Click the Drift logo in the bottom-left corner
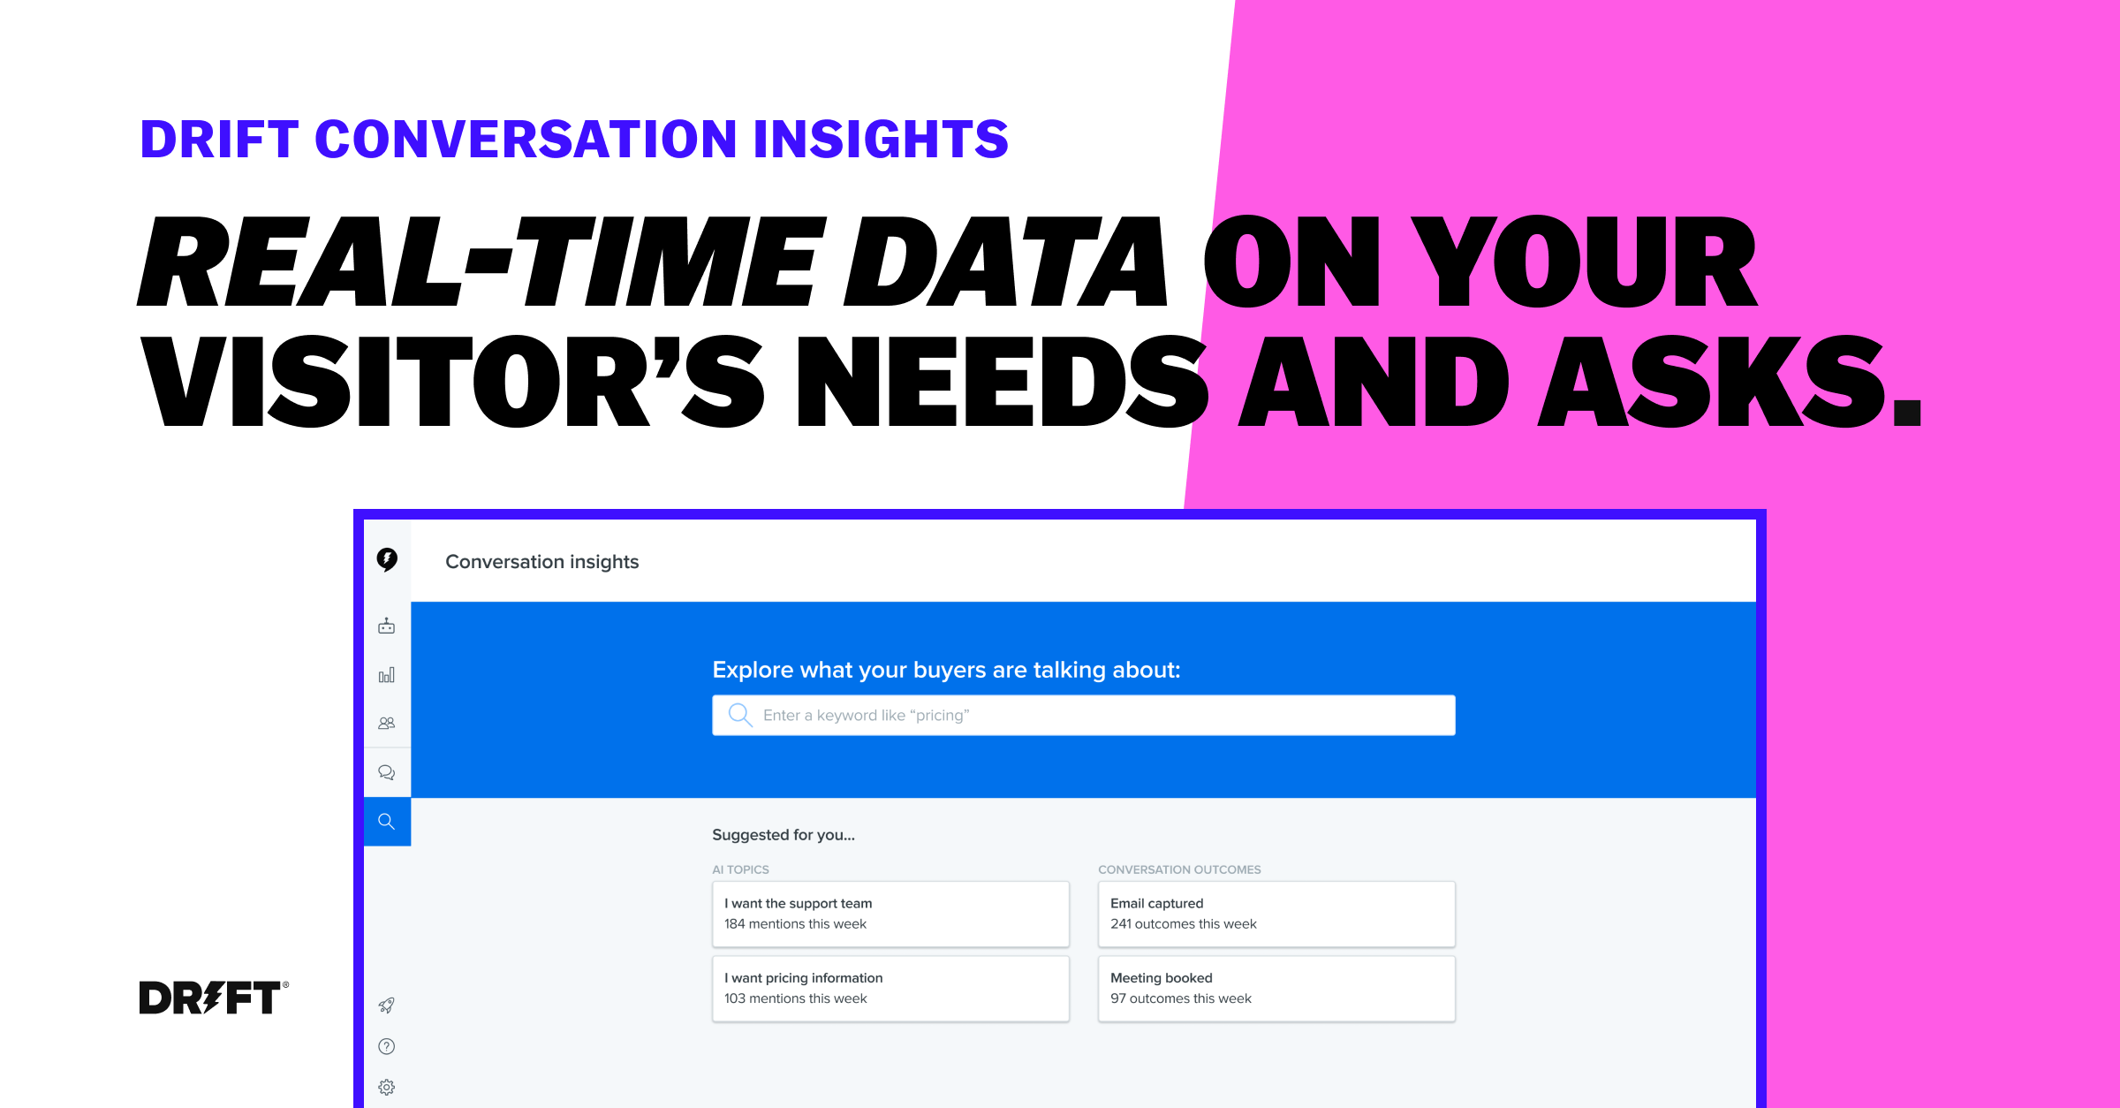coord(213,997)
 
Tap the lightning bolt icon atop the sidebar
coord(387,559)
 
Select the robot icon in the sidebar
coord(387,626)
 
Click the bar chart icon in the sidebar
coord(387,675)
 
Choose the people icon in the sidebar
coord(387,723)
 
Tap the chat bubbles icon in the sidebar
coord(387,772)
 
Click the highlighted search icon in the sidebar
coord(387,822)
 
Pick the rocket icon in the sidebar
coord(387,1006)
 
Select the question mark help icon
coord(387,1046)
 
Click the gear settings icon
coord(387,1088)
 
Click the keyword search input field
coord(1084,715)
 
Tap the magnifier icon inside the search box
coord(740,715)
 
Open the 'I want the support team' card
coord(890,914)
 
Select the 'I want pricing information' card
coord(890,989)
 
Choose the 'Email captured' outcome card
coord(1276,914)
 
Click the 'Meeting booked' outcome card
coord(1276,989)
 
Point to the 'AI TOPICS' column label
coord(740,869)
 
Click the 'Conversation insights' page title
coord(541,562)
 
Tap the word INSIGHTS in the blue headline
coord(881,140)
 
